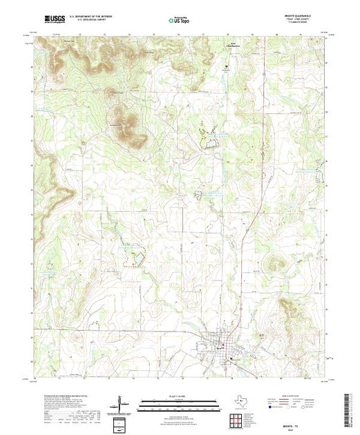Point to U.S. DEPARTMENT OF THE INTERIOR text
tap(97, 15)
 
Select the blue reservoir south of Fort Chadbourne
tap(207, 144)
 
